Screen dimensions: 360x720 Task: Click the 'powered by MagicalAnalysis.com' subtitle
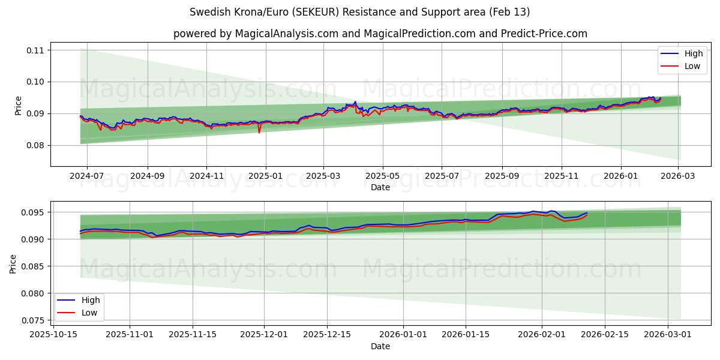[380, 34]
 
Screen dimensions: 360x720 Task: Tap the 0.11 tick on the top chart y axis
[35, 50]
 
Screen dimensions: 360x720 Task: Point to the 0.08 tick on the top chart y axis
[35, 145]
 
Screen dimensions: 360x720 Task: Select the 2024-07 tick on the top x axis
[87, 176]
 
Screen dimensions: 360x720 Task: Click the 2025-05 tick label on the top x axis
[382, 176]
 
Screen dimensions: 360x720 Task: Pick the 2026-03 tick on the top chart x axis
[679, 176]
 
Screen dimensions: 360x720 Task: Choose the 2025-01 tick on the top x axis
[265, 176]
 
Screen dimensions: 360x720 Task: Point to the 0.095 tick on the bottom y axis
[33, 212]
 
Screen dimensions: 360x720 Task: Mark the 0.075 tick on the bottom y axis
[33, 320]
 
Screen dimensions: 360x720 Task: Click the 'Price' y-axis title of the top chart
[18, 105]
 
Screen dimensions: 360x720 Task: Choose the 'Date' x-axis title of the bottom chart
[380, 346]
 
